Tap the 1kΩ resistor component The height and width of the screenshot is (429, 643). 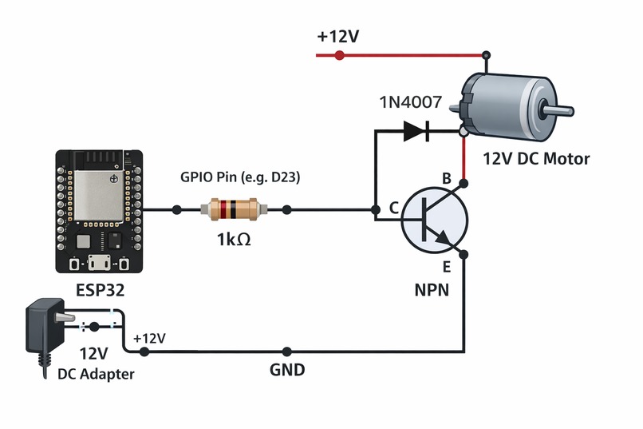(231, 210)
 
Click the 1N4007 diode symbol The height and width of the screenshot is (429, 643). (416, 130)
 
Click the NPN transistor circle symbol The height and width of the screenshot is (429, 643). (434, 220)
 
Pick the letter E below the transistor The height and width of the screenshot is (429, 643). (447, 267)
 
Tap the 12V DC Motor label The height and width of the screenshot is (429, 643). (536, 159)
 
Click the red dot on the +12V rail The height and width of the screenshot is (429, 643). (339, 55)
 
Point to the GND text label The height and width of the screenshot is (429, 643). (287, 370)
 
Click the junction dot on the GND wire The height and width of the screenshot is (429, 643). (287, 352)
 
